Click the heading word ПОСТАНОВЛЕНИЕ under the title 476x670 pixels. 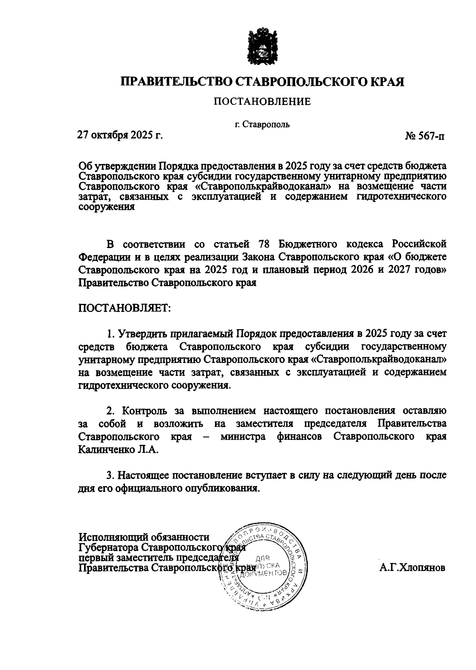(262, 102)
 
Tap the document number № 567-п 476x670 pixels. (425, 137)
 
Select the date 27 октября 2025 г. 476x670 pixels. (120, 136)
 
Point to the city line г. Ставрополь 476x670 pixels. (262, 124)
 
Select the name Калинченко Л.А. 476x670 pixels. (118, 450)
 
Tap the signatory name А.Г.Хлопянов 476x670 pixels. (412, 568)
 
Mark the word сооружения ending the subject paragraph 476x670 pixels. (107, 206)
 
